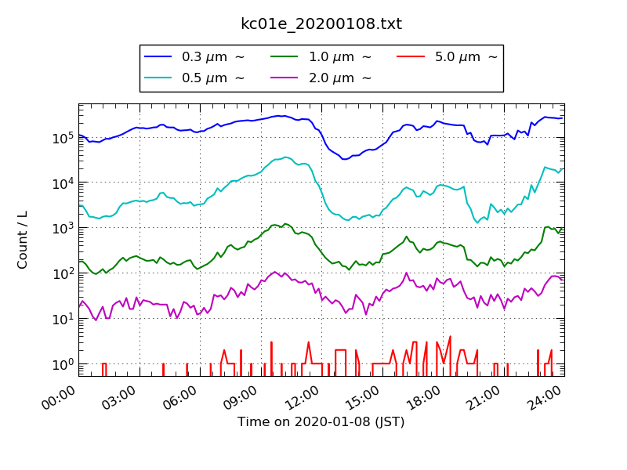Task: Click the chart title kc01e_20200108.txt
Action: pyautogui.click(x=321, y=24)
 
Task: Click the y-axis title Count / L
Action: pyautogui.click(x=23, y=240)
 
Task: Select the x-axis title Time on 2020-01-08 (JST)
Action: pyautogui.click(x=321, y=422)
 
